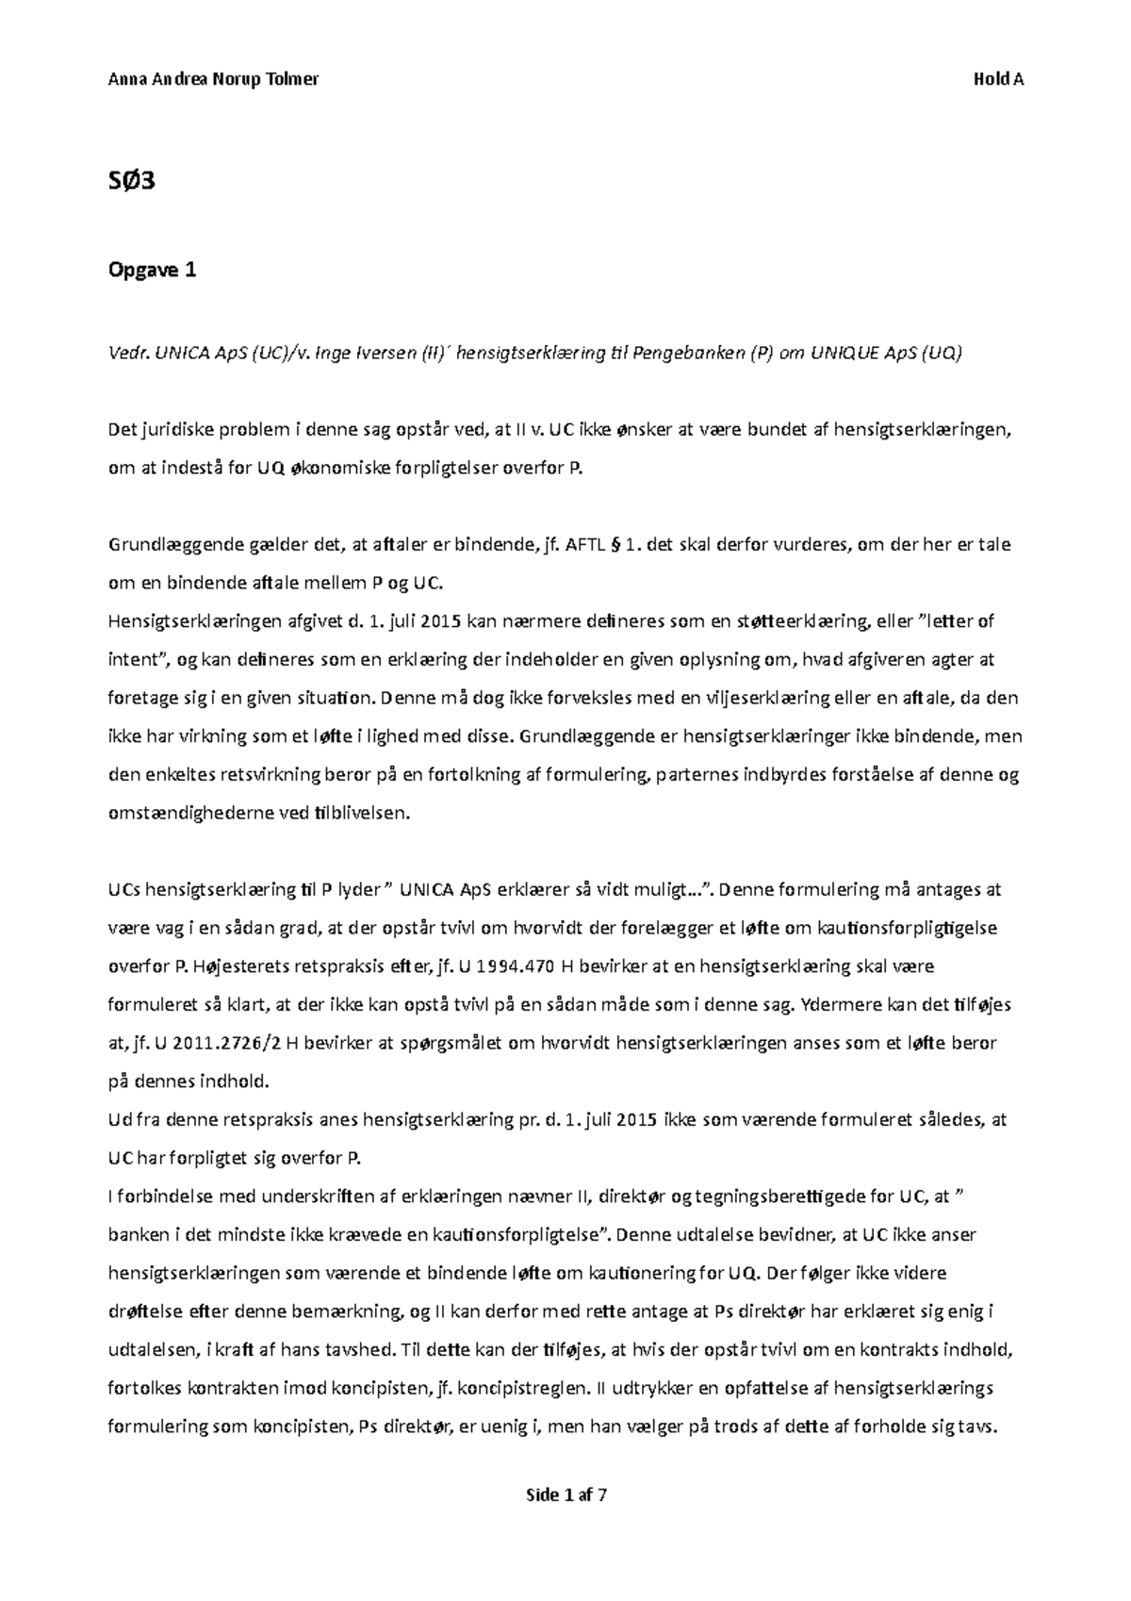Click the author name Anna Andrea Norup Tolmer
pos(214,79)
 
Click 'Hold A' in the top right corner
pos(998,79)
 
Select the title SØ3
pos(132,180)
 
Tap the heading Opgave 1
pos(153,271)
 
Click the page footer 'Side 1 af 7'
pos(565,1495)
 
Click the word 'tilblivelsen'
pos(363,814)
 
